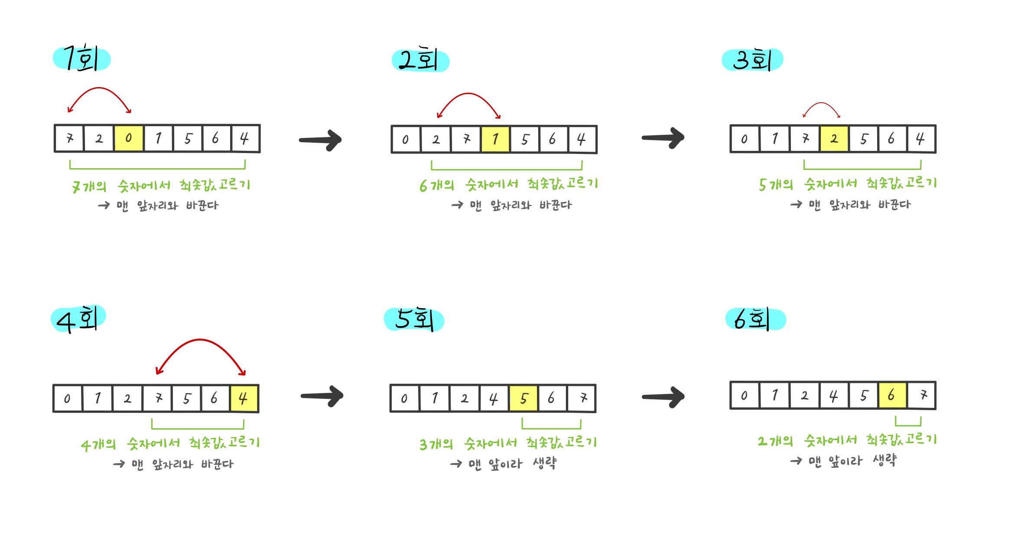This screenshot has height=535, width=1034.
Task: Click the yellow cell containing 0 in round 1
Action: [x=128, y=138]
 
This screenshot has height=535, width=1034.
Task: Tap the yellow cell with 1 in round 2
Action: [x=495, y=139]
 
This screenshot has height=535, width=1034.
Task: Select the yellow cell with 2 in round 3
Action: [x=834, y=139]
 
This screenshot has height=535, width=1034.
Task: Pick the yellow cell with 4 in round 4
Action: [x=244, y=398]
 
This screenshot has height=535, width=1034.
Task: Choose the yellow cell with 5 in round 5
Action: [x=524, y=398]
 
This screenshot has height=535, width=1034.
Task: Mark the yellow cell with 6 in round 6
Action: [x=892, y=395]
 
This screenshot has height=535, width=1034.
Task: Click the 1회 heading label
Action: [x=81, y=59]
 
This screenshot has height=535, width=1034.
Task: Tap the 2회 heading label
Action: [x=420, y=60]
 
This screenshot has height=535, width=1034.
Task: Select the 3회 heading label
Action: [x=752, y=60]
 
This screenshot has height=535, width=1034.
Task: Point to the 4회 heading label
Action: [x=78, y=319]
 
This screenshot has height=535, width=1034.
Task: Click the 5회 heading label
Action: [x=414, y=320]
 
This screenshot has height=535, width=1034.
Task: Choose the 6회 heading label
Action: [x=755, y=319]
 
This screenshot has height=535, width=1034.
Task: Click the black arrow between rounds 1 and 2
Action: [x=321, y=140]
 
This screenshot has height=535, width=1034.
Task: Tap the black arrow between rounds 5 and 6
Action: [x=663, y=396]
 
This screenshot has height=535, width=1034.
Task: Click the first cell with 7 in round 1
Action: [x=69, y=138]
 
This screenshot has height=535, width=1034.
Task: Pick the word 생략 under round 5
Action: [x=545, y=463]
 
